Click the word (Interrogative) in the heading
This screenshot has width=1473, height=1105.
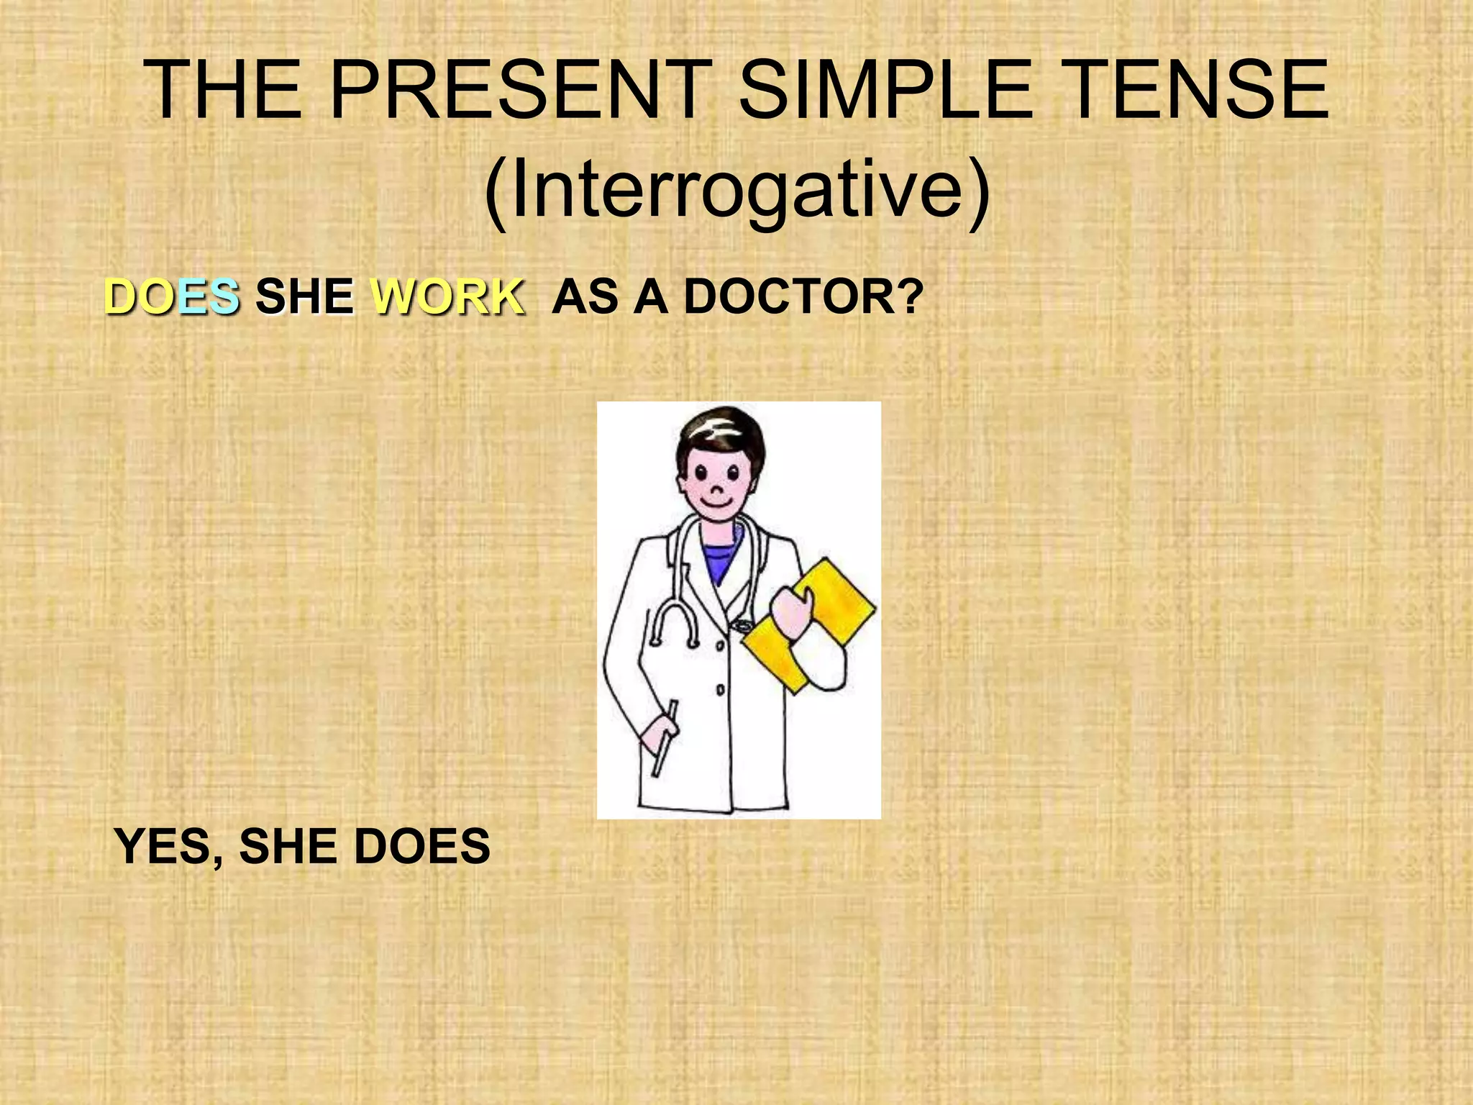736,191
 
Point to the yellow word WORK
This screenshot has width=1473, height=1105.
447,296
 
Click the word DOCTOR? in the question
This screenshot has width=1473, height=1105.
803,296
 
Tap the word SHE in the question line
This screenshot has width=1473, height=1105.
305,296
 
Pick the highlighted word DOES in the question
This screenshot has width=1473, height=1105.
172,296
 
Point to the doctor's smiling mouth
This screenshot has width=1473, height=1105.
715,503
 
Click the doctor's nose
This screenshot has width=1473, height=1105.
716,489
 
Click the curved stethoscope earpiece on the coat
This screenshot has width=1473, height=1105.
674,622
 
